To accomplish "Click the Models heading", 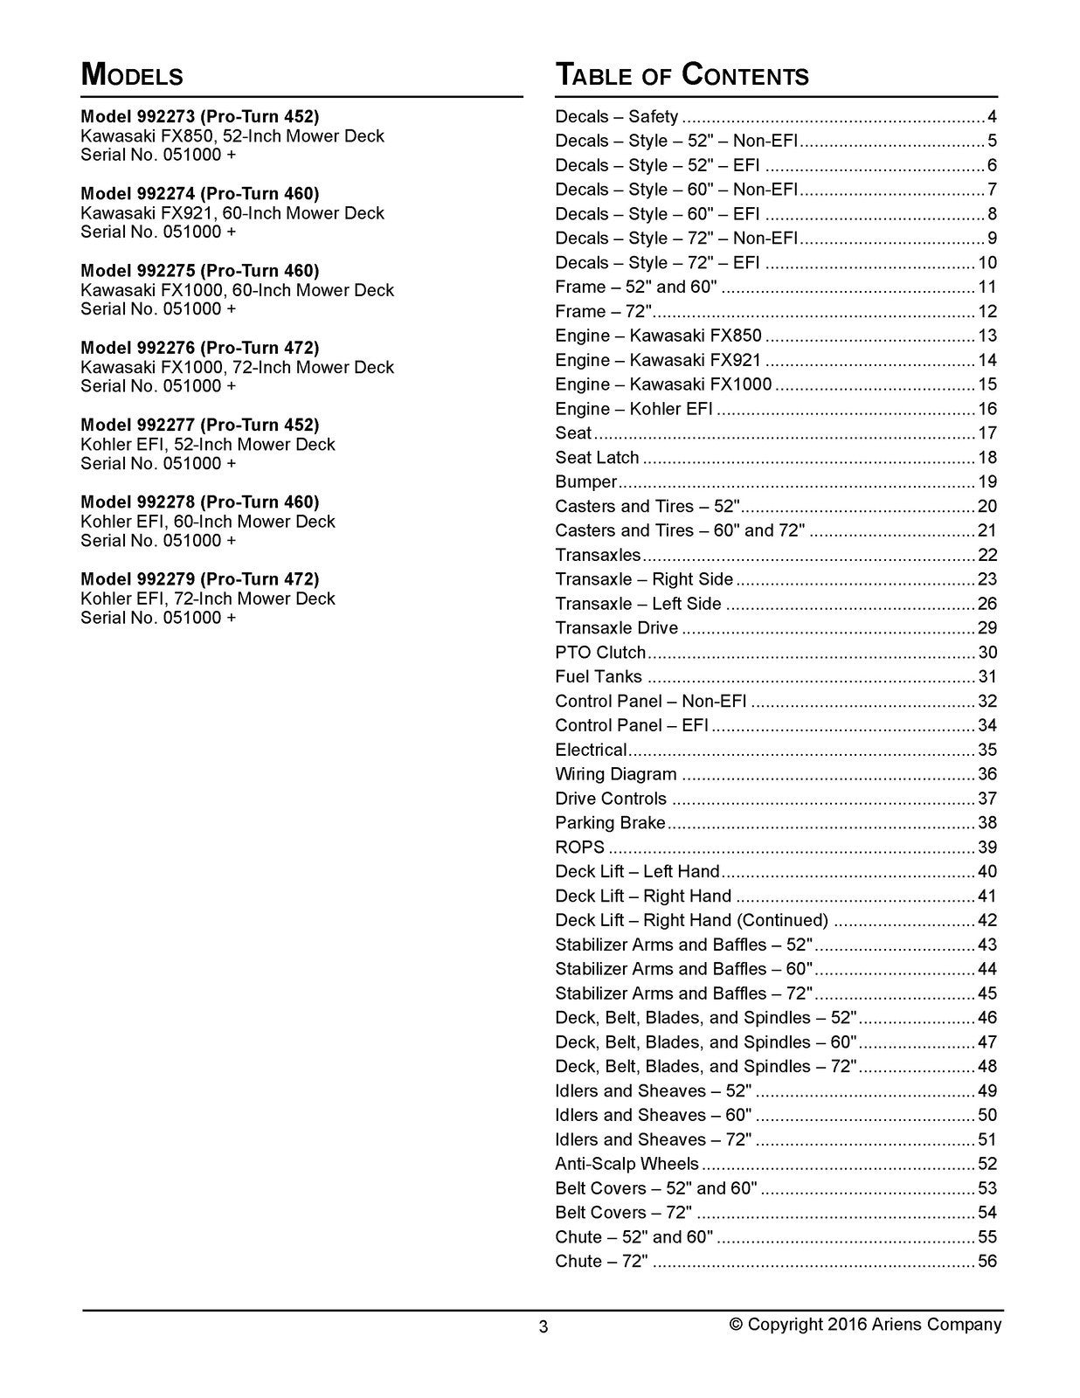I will tap(132, 75).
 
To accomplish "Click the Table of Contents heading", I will tap(682, 75).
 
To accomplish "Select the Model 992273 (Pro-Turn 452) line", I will tap(200, 116).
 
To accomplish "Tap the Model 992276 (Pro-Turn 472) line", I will tap(200, 348).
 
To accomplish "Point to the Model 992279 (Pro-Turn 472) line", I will tap(200, 579).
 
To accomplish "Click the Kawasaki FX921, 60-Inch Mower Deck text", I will tap(232, 213).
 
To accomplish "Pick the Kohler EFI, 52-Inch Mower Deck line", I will tap(208, 445).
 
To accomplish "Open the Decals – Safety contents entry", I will tap(617, 117).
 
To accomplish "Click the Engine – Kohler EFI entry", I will tap(633, 409).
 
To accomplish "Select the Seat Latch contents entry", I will tap(597, 458).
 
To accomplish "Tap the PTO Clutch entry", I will tap(600, 653).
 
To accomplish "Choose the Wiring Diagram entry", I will tap(616, 774).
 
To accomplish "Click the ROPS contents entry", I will tap(579, 848).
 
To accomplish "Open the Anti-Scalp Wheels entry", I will tap(627, 1164).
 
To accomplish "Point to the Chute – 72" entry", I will tap(601, 1262).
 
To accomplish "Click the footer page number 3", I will tap(543, 1327).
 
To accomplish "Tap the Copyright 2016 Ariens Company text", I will tap(865, 1325).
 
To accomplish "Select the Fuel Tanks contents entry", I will tap(599, 677).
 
